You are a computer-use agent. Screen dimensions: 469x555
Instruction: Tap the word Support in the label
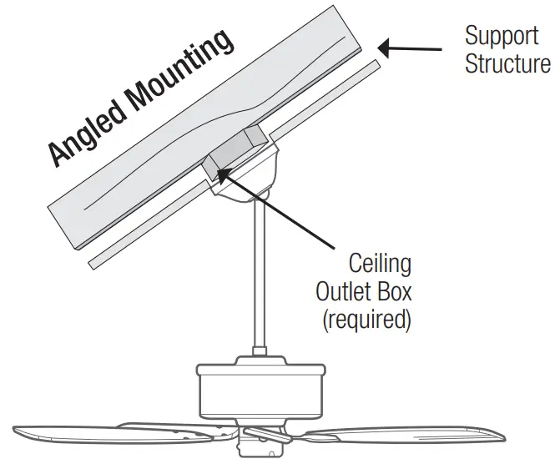502,37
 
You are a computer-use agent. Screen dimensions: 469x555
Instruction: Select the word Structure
507,64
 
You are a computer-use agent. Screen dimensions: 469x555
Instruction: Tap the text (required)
364,320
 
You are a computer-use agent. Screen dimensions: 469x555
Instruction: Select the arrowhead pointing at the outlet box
221,171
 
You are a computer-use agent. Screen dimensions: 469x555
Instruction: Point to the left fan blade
108,433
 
